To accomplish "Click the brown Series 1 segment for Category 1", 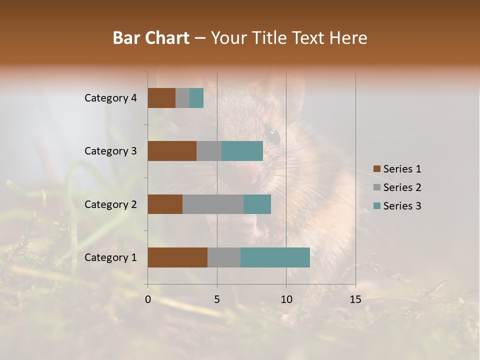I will coord(177,257).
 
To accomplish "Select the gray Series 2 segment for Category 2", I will coord(213,204).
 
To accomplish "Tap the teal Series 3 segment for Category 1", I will coord(275,257).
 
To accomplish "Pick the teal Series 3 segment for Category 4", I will coord(196,98).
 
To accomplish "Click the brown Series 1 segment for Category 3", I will coord(172,151).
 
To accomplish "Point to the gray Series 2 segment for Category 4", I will coord(182,98).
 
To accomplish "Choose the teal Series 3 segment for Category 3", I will coord(242,151).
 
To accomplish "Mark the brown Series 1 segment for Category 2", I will coord(165,204).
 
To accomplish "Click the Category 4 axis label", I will coord(110,98).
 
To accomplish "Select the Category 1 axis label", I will coord(110,257).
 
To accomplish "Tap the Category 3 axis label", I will coord(110,151).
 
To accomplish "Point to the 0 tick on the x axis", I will coord(148,299).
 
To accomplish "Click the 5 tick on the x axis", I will coord(217,299).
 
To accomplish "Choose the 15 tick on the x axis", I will coord(355,299).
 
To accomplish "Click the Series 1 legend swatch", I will coord(377,169).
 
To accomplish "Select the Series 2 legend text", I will coord(402,187).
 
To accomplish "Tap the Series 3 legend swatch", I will coord(377,206).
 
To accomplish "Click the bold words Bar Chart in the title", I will coord(151,38).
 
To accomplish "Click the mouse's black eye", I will coord(272,135).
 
